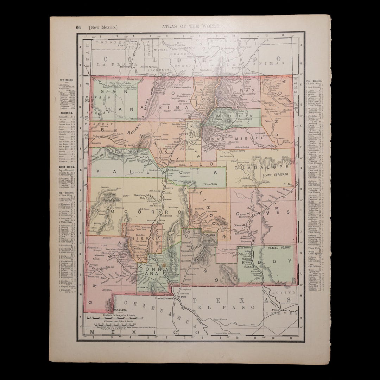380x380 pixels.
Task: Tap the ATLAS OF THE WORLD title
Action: pos(191,26)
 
